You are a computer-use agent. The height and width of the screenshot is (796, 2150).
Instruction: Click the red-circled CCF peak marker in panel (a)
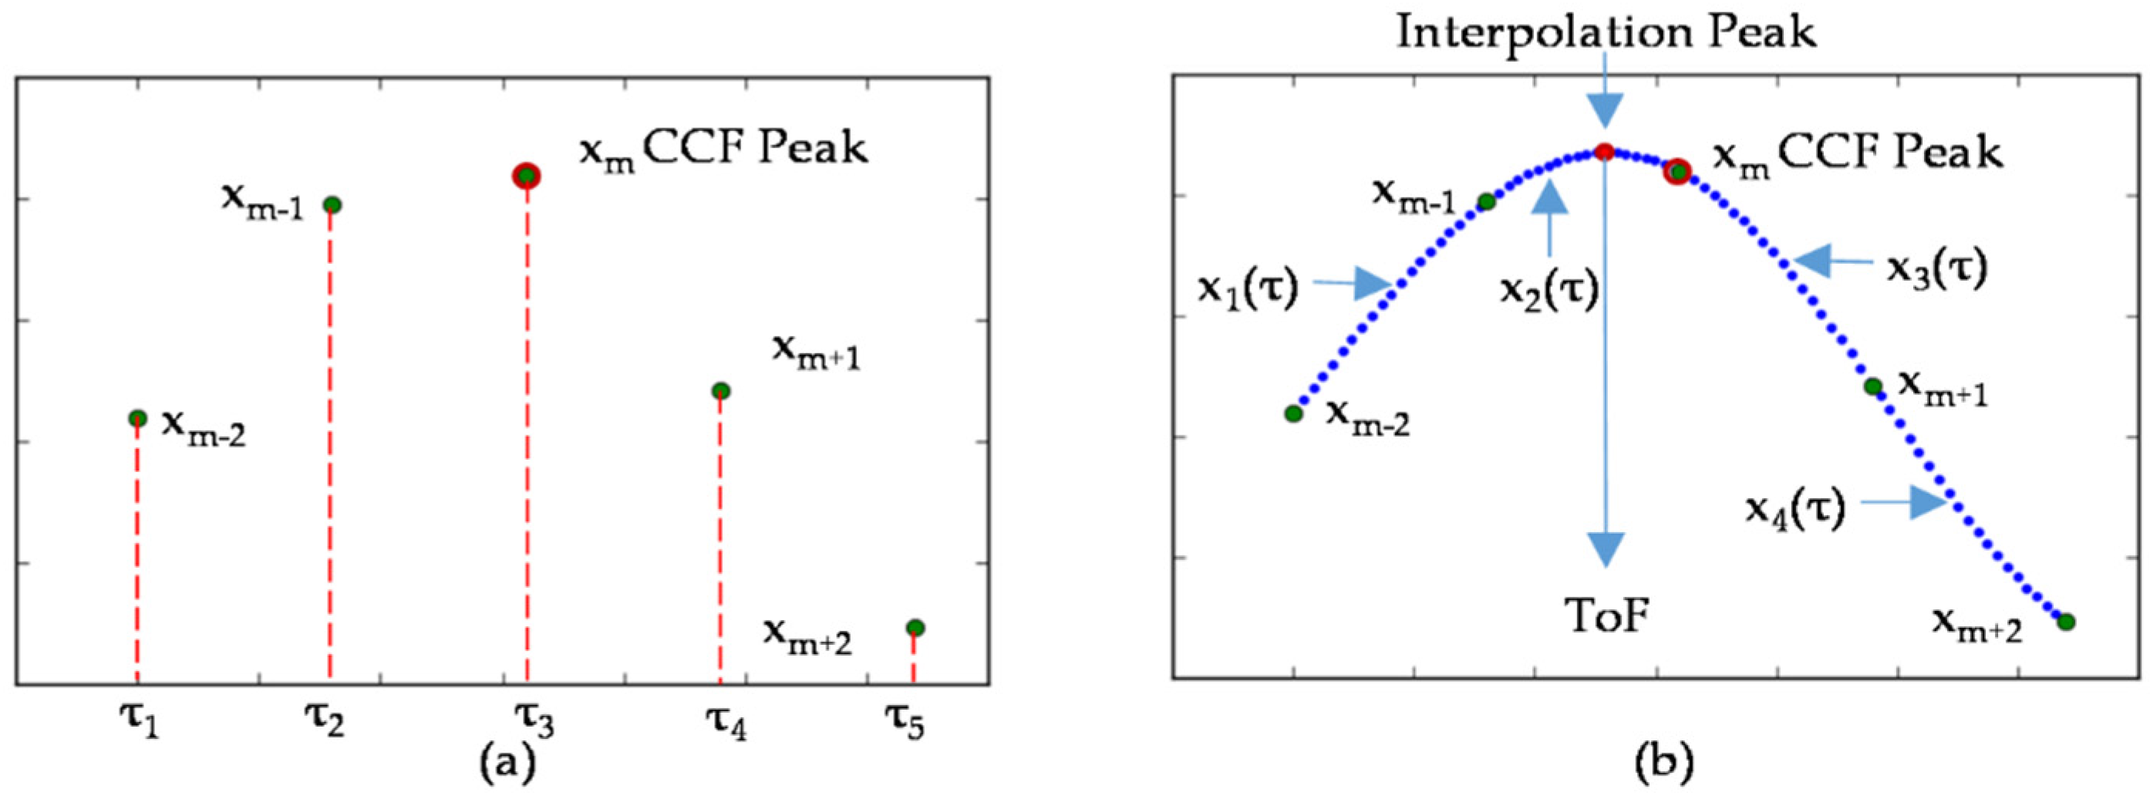pos(527,176)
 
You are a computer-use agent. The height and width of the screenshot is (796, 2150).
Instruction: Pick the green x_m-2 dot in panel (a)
pos(138,418)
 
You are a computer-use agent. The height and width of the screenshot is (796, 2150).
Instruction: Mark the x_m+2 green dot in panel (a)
pos(915,627)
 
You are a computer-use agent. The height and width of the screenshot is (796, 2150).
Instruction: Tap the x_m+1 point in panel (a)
pos(722,390)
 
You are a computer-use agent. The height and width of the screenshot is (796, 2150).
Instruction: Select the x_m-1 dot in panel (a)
pos(332,204)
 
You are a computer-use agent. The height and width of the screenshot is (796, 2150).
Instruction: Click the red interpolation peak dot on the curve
pos(1604,152)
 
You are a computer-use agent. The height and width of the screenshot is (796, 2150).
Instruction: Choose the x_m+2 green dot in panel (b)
pos(2067,622)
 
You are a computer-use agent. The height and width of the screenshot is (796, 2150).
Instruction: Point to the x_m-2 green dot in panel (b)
pos(1294,413)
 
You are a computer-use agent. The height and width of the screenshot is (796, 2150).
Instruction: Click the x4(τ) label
pos(1795,507)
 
